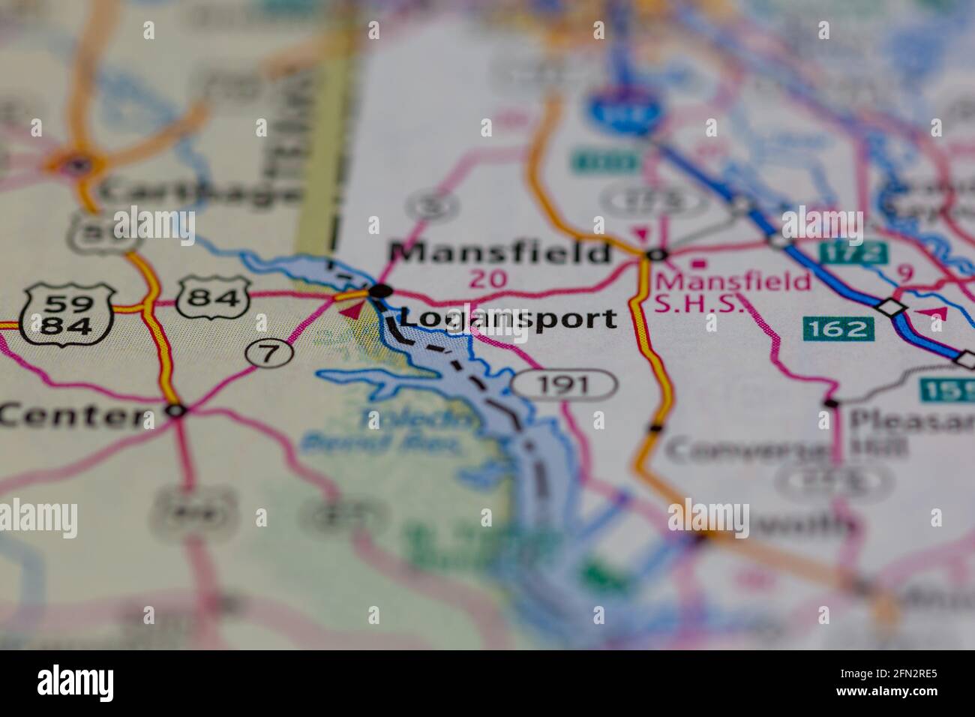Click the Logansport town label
click(x=508, y=319)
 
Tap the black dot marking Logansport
click(x=381, y=290)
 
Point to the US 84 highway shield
click(x=214, y=298)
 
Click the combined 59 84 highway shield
click(x=67, y=314)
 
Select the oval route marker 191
click(x=565, y=385)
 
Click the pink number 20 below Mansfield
click(x=489, y=280)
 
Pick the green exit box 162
click(x=838, y=328)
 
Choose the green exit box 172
click(x=853, y=253)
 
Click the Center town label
click(x=73, y=415)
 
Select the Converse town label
click(x=747, y=450)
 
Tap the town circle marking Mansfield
click(x=656, y=255)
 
